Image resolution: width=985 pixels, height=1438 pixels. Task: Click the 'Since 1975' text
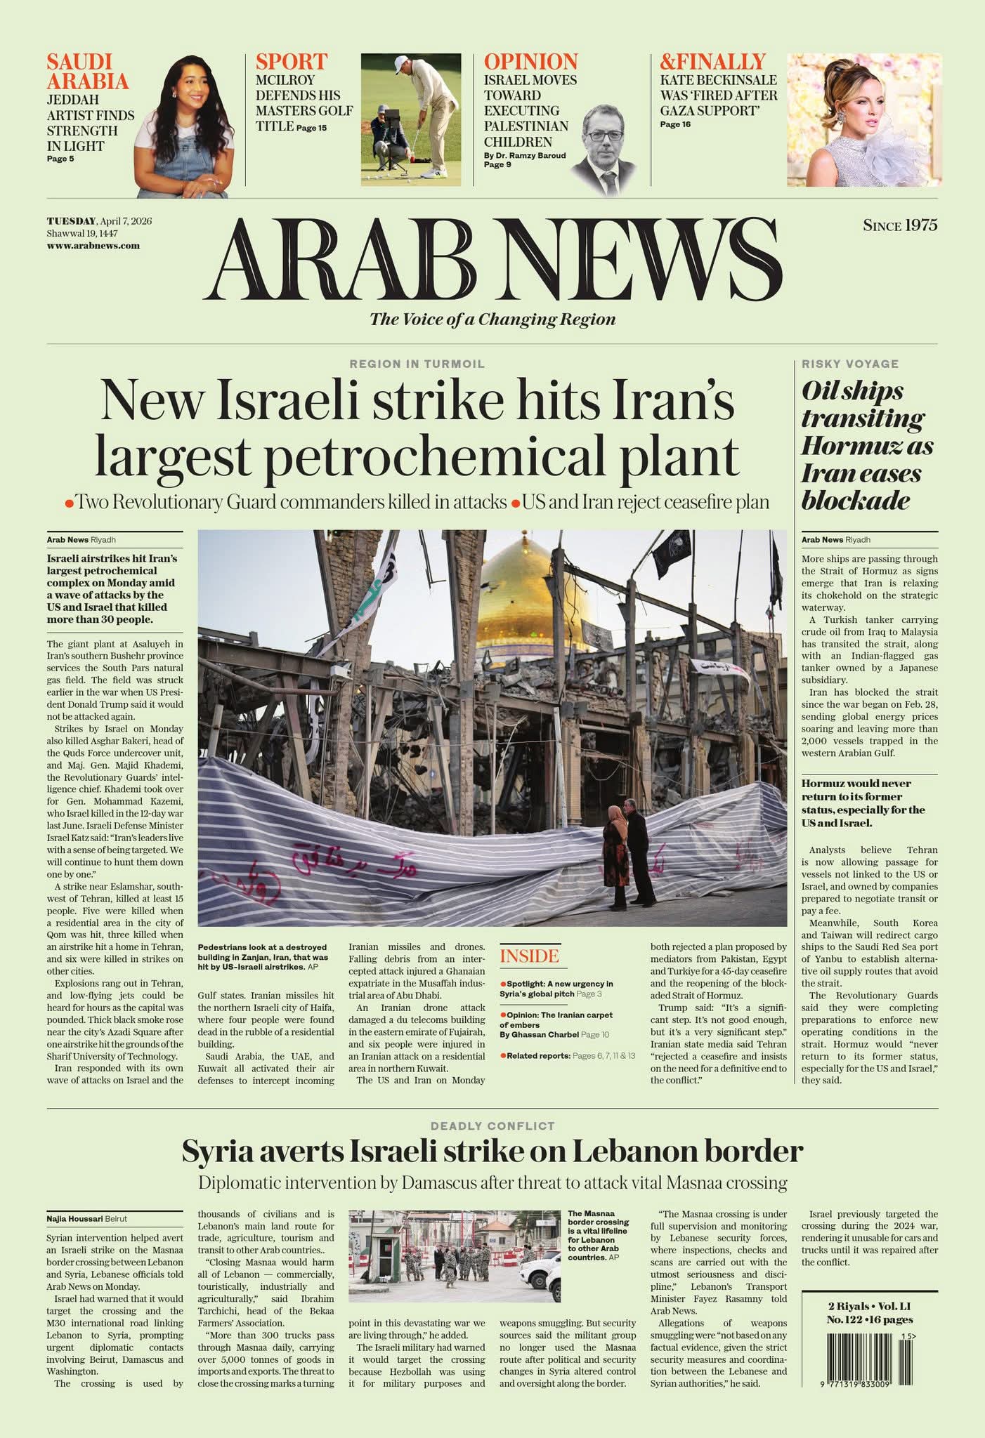[900, 225]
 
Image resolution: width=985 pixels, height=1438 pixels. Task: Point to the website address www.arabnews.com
[93, 246]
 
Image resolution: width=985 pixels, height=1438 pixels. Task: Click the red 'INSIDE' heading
[529, 956]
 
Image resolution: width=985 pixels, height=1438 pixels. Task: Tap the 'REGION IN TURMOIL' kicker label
[417, 364]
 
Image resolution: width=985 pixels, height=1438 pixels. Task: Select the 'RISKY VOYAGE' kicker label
[850, 364]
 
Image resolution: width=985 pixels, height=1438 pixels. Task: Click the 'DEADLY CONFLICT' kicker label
[492, 1126]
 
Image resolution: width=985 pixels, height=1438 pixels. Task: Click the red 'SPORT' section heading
[291, 62]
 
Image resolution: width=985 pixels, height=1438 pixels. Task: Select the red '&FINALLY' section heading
[712, 62]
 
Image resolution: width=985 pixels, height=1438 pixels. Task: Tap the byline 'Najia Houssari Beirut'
[87, 1219]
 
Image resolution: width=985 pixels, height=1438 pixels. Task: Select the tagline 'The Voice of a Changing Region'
[492, 319]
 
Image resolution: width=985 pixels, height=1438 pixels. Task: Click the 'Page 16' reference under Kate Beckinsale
[675, 124]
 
